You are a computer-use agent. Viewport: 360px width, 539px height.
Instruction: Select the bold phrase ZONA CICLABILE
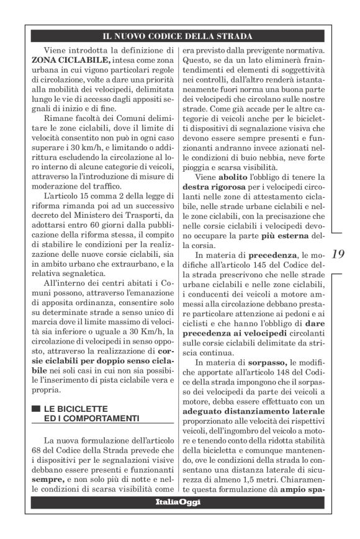tap(71, 60)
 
